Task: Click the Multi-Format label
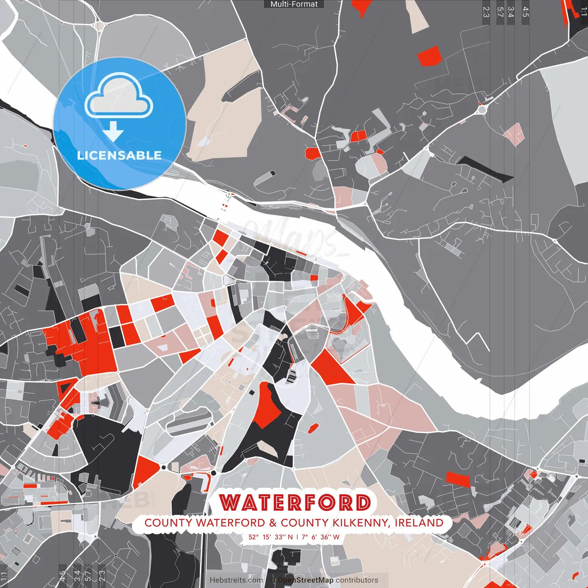[294, 4]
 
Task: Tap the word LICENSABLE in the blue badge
[119, 155]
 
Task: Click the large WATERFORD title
[295, 503]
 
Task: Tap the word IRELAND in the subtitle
[419, 523]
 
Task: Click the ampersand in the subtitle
[273, 523]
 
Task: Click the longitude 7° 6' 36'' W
[321, 537]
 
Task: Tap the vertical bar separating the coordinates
[297, 537]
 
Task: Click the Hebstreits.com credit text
[236, 580]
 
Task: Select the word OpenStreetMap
[305, 580]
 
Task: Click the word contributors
[357, 580]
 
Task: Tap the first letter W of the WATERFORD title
[230, 503]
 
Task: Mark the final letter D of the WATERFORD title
[363, 503]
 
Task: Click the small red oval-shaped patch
[313, 429]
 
